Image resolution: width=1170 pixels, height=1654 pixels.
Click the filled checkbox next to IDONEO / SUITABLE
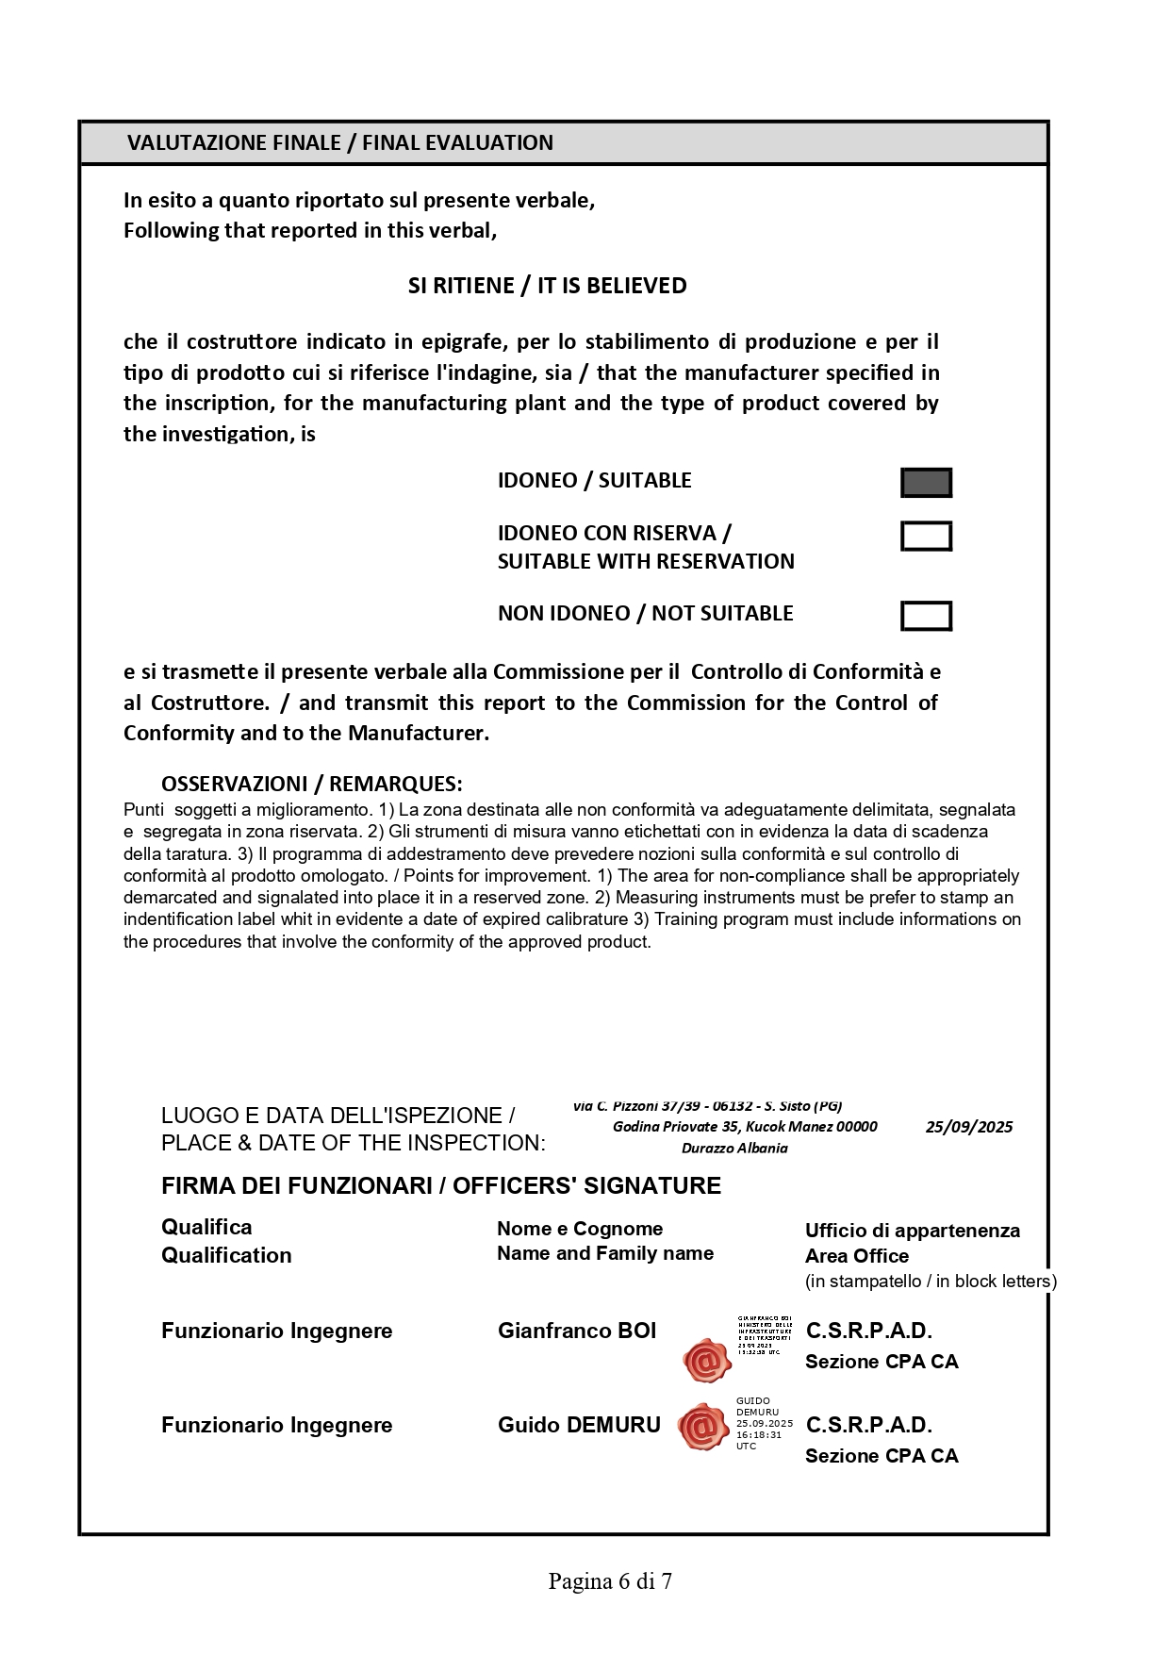tap(926, 483)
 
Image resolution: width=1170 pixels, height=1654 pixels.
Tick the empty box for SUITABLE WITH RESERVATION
tap(926, 536)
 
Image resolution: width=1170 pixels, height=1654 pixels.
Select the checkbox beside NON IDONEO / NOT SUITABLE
tap(926, 616)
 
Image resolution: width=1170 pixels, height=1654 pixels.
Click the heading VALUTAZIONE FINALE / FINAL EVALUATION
tap(340, 143)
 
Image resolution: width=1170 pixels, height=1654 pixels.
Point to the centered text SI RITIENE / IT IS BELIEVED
tap(547, 286)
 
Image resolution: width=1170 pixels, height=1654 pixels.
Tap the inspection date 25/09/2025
tap(968, 1127)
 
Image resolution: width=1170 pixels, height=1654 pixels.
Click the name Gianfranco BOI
tap(577, 1331)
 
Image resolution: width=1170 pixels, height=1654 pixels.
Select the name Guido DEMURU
tap(579, 1425)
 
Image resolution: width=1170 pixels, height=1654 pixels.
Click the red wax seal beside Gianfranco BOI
tap(707, 1360)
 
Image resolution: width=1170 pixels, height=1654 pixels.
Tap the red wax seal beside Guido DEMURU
tap(703, 1428)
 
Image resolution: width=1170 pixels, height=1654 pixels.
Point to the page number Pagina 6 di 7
tap(610, 1581)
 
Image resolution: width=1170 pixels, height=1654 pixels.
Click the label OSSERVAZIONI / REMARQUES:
tap(311, 785)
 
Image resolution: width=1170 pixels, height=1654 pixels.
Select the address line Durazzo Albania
tap(734, 1149)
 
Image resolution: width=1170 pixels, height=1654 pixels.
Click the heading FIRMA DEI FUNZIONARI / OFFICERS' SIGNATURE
tap(441, 1186)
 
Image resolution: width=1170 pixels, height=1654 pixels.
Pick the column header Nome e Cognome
tap(580, 1229)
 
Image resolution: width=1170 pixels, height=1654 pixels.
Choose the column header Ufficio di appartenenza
tap(912, 1231)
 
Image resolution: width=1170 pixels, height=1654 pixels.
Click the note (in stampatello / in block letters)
tap(931, 1282)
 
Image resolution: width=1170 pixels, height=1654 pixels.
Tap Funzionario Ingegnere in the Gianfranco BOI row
tap(276, 1331)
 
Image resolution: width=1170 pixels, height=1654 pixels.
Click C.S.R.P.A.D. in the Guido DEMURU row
tap(868, 1425)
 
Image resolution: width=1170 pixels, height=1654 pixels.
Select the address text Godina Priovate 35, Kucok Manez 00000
tap(745, 1127)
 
